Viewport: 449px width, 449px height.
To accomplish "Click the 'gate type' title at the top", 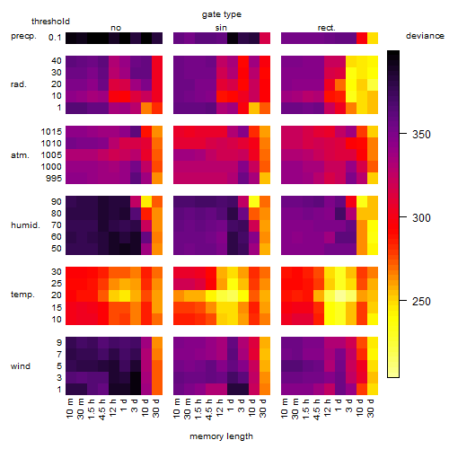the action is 222,14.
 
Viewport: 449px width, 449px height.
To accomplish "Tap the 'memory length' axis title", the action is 221,436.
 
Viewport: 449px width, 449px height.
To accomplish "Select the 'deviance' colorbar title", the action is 425,36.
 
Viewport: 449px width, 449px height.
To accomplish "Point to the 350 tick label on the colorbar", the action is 421,135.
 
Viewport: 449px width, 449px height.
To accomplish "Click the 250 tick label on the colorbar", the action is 421,301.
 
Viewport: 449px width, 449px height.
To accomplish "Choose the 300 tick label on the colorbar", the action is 421,218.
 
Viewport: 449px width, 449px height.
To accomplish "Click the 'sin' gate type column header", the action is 221,28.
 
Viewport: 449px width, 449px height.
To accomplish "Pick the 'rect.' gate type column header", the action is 326,28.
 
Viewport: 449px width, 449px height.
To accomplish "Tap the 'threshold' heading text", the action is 50,22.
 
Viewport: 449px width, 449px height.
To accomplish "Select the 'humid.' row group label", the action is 25,225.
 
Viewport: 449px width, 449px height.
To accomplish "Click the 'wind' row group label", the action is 21,366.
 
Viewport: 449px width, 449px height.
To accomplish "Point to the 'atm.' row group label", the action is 20,155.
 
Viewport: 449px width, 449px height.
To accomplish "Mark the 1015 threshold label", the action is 51,132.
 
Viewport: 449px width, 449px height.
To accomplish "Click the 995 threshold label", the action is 54,179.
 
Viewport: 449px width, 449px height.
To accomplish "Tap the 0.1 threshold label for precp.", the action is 55,38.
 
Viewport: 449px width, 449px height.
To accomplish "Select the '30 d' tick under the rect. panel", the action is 371,408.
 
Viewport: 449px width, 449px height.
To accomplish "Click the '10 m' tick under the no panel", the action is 70,409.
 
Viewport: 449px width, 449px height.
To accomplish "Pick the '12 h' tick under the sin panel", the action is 220,408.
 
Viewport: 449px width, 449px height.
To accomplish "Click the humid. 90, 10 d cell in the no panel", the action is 146,202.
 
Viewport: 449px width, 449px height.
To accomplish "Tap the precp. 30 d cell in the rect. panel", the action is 373,38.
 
